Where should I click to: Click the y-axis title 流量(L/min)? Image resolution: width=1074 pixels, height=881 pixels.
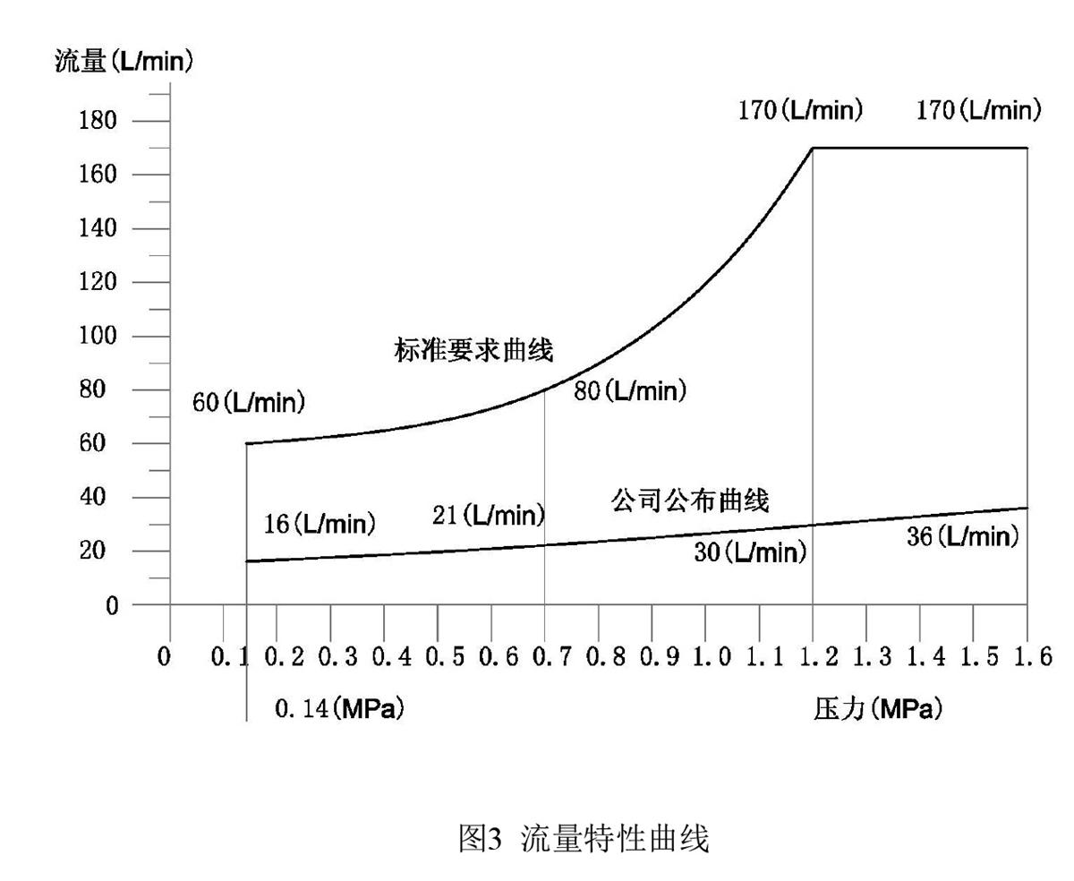124,64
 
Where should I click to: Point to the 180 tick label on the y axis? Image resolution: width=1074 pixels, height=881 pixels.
98,121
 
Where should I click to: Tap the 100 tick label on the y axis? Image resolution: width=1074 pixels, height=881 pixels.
98,337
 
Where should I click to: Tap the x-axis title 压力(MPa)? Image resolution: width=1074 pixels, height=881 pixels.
878,710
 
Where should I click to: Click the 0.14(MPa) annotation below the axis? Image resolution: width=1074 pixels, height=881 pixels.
339,710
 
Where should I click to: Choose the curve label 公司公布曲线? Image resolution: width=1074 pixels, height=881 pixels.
690,500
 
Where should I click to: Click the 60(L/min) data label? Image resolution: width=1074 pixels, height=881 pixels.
249,403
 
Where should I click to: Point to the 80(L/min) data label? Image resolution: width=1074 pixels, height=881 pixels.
630,391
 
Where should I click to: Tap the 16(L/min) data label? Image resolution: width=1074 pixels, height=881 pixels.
320,524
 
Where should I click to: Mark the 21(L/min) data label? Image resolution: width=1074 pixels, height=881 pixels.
488,515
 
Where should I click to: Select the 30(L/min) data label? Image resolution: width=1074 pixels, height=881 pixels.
750,552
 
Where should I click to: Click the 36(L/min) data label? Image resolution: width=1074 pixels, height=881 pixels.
963,536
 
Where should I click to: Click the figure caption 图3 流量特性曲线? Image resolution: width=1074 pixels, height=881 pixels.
584,840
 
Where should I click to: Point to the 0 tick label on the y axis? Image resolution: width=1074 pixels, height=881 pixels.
112,606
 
